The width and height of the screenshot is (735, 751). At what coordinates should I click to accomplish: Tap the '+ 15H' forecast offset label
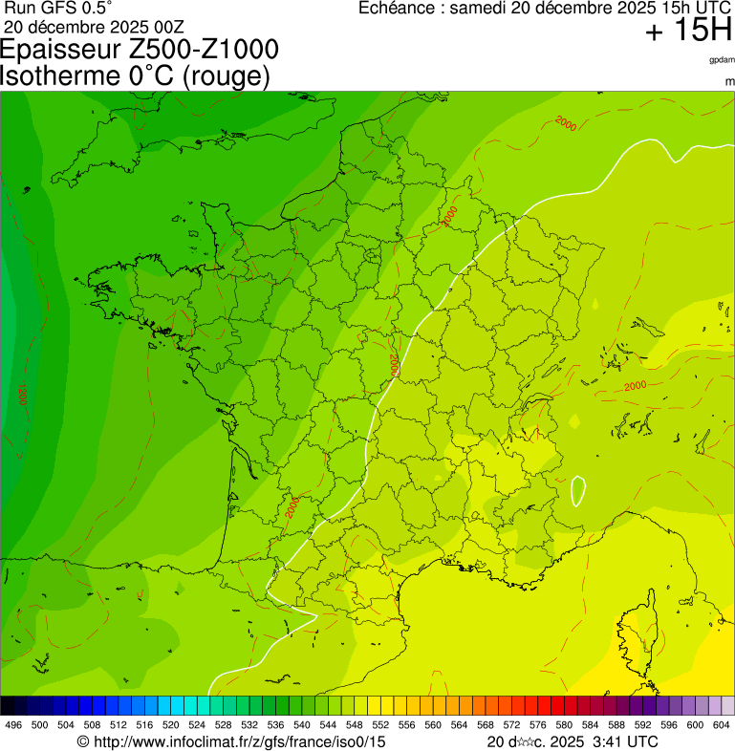(687, 31)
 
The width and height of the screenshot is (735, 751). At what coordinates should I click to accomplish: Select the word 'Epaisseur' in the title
(68, 50)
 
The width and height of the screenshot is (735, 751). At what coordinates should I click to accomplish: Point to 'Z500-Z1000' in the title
(210, 50)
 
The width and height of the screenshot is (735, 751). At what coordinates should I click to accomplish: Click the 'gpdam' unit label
(722, 59)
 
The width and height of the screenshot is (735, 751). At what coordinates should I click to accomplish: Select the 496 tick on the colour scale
(13, 725)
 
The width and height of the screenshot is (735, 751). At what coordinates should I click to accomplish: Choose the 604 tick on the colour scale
(721, 725)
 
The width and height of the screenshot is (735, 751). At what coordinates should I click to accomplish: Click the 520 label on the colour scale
(168, 725)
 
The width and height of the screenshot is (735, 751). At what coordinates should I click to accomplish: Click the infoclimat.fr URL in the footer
(239, 741)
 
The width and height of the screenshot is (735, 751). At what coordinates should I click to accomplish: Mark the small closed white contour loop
(577, 490)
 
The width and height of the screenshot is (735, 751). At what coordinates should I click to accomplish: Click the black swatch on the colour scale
(8, 705)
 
